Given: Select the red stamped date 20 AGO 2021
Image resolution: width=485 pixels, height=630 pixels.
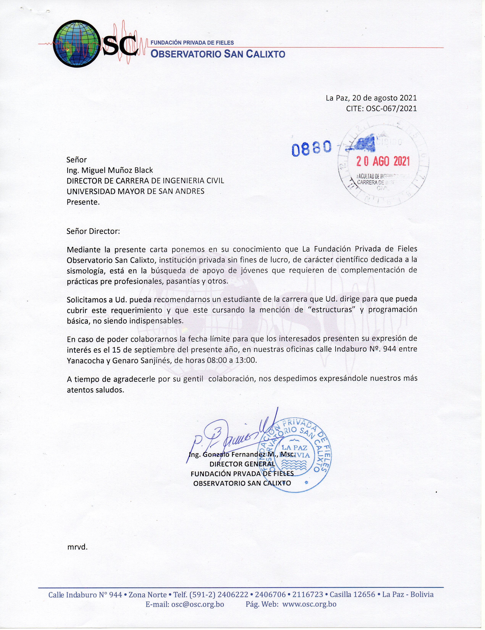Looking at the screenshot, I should pyautogui.click(x=383, y=162).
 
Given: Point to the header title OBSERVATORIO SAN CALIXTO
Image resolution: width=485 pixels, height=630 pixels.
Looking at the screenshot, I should pyautogui.click(x=218, y=54).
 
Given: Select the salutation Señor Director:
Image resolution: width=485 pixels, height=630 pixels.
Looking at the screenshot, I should pyautogui.click(x=93, y=231).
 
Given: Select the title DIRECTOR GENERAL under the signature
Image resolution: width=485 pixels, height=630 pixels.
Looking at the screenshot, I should pyautogui.click(x=242, y=464).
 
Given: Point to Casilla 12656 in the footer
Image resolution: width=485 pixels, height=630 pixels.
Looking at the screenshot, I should pyautogui.click(x=352, y=594).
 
